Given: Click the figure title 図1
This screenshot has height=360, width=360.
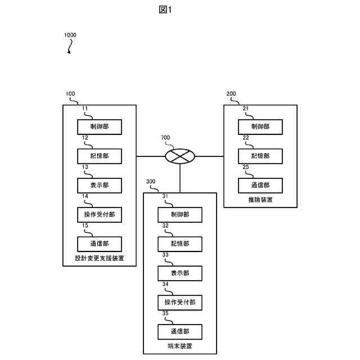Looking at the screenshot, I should [165, 10].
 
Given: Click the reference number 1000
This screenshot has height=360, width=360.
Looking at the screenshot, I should [70, 35].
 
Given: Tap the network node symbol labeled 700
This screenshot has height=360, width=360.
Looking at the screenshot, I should [179, 155].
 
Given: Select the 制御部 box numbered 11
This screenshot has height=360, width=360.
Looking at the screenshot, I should [99, 127].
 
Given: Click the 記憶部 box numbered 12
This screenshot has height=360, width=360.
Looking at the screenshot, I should [99, 156].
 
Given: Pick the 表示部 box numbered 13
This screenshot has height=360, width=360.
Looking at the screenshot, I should [99, 185].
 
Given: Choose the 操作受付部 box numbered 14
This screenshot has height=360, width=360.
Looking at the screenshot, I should [99, 214].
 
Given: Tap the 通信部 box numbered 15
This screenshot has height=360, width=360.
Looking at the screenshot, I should [99, 243].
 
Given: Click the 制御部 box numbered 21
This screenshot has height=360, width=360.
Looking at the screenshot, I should [260, 127].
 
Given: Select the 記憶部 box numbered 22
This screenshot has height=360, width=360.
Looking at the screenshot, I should [260, 156].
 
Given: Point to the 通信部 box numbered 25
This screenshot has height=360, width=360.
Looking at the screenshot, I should [260, 185].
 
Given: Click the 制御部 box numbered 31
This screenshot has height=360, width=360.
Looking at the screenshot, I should [179, 214].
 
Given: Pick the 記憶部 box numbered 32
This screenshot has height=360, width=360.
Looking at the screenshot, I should [179, 244].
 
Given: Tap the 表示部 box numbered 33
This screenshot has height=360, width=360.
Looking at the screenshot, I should [179, 273].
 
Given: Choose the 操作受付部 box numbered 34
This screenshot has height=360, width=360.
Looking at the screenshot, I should [179, 302].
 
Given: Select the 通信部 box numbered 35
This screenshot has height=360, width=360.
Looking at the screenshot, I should [179, 331].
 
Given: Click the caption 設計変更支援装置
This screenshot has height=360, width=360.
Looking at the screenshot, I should [99, 259].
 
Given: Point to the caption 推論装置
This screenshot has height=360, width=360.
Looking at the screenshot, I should [260, 200].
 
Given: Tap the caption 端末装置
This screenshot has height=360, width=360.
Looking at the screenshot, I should [179, 346].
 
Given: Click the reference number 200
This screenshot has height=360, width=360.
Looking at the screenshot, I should [231, 94].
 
